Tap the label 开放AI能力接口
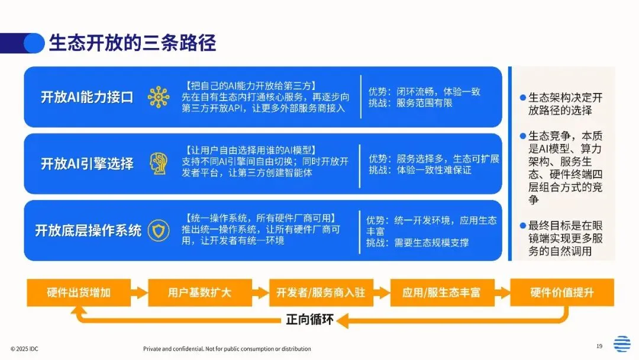(87, 97)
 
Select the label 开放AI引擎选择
(87, 163)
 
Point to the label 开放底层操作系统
(88, 230)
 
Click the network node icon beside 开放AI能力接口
(159, 97)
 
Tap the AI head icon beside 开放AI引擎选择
(159, 163)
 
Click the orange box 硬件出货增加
(79, 292)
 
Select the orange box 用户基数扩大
(199, 292)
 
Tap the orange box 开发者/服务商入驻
(321, 292)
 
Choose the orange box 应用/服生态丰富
(441, 292)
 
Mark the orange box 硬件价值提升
(562, 292)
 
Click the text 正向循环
(310, 320)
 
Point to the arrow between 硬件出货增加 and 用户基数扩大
(139, 292)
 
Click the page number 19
(599, 346)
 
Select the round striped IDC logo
(622, 344)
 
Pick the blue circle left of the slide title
(34, 43)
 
